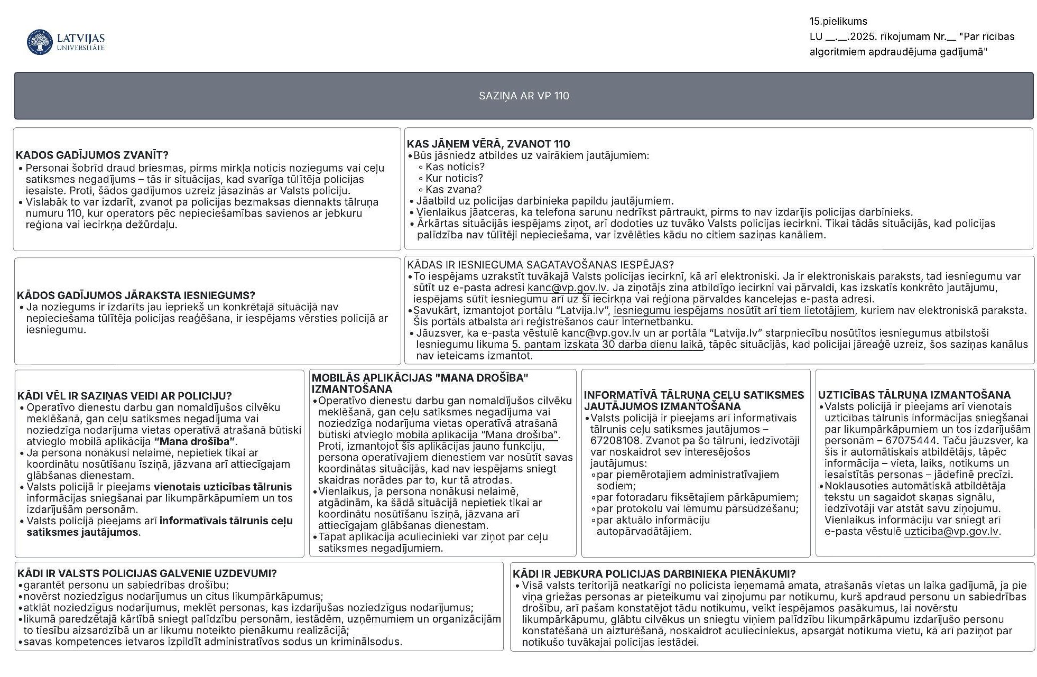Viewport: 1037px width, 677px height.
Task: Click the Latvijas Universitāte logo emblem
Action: coord(40,42)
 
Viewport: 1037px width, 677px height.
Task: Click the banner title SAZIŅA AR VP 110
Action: coord(523,96)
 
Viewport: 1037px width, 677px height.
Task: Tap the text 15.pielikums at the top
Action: coord(838,22)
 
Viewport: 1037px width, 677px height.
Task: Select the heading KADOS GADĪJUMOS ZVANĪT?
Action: coord(92,155)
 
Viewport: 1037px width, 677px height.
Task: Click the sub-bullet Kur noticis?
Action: coord(454,178)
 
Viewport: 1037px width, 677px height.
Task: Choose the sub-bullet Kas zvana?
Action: coord(453,189)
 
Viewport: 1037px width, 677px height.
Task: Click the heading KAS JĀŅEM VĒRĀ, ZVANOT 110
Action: coord(488,144)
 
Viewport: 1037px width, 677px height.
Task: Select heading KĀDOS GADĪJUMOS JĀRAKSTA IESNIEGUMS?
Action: coord(136,295)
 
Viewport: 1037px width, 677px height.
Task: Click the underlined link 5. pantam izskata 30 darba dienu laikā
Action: coord(607,345)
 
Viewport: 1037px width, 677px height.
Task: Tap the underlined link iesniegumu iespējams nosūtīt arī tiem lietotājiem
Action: coord(734,311)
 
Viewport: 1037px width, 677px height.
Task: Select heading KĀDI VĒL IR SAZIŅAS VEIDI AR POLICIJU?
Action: coord(124,396)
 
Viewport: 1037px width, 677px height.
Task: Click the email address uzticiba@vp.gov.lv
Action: coord(951,532)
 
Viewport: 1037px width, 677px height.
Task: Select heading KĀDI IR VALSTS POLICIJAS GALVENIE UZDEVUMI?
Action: coord(147,573)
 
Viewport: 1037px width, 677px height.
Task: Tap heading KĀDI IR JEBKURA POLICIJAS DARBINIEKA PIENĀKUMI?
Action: coord(654,574)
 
